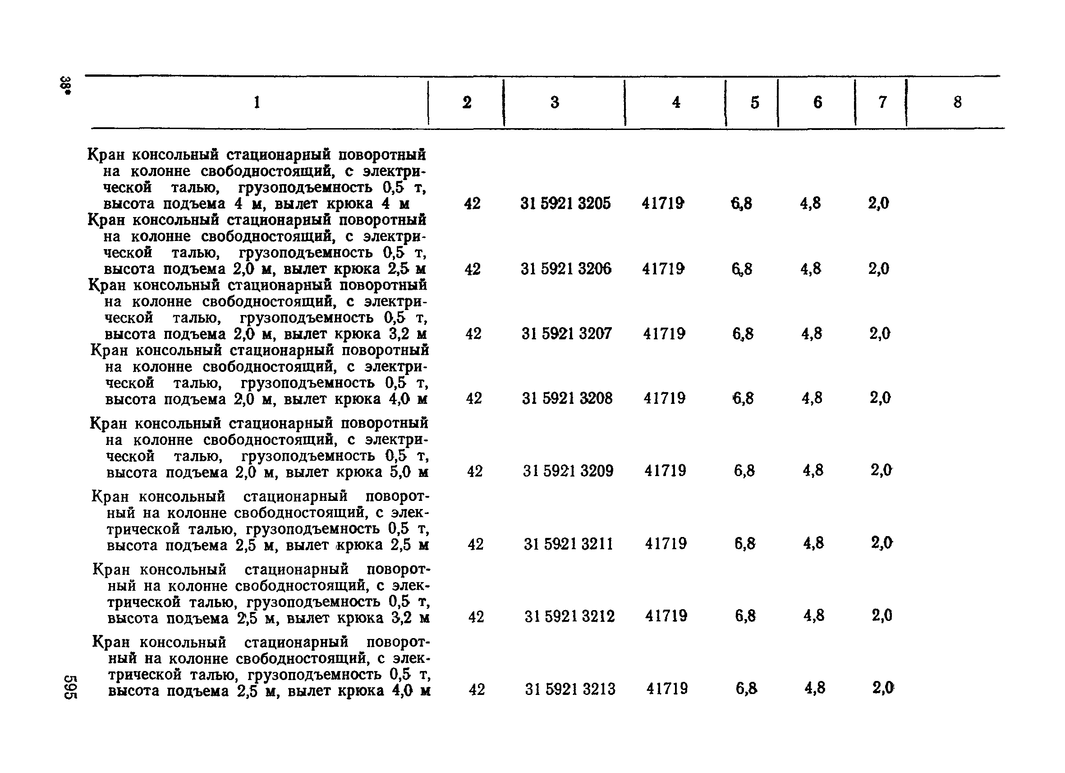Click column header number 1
tap(257, 102)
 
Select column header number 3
tap(555, 102)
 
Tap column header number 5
tap(755, 102)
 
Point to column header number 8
tap(958, 102)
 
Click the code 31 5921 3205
tap(565, 204)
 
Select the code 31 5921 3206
tap(566, 269)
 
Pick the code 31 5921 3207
tap(566, 333)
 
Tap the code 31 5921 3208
tap(567, 398)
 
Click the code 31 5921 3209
tap(568, 471)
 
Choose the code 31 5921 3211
tap(568, 544)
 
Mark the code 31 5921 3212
tap(569, 616)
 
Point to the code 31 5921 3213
tap(569, 690)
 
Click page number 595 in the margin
tap(70, 687)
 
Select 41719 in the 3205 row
tap(662, 204)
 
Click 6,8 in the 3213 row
tap(746, 689)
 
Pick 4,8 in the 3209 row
tap(813, 470)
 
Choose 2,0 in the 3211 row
tap(881, 543)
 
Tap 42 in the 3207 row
tap(473, 333)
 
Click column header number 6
tap(817, 102)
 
